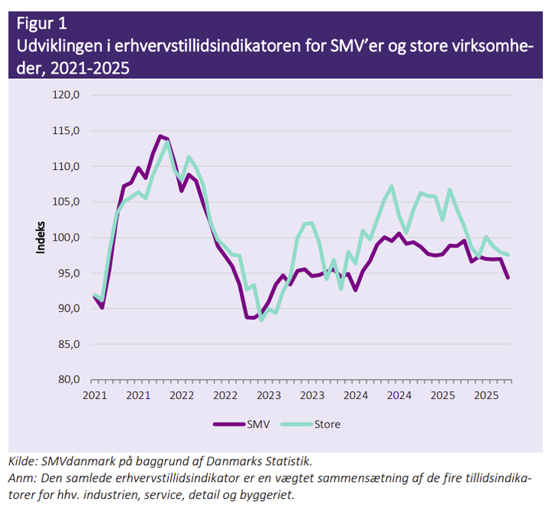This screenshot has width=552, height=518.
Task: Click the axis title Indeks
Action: click(43, 237)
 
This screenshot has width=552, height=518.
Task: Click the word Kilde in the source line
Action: click(22, 461)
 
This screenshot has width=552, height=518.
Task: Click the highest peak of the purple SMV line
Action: click(160, 136)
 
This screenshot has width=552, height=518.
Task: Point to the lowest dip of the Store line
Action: click(261, 320)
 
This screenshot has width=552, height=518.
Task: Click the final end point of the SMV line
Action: click(508, 277)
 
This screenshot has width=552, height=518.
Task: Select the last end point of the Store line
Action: click(508, 255)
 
